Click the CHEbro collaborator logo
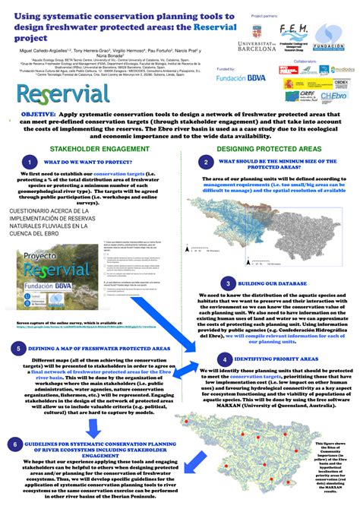pyautogui.click(x=335, y=96)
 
